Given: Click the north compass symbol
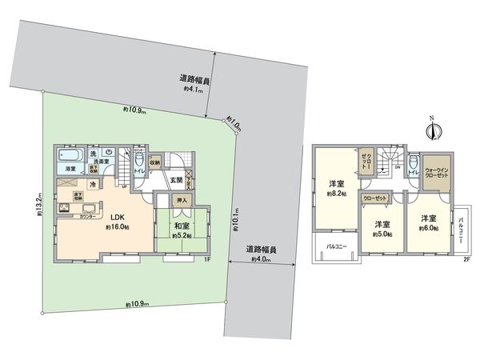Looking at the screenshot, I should [431, 128].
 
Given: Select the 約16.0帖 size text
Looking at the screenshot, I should [118, 227].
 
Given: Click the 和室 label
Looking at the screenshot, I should [182, 225].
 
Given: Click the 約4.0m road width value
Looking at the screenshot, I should [262, 258].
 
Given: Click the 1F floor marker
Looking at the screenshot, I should [206, 259].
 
